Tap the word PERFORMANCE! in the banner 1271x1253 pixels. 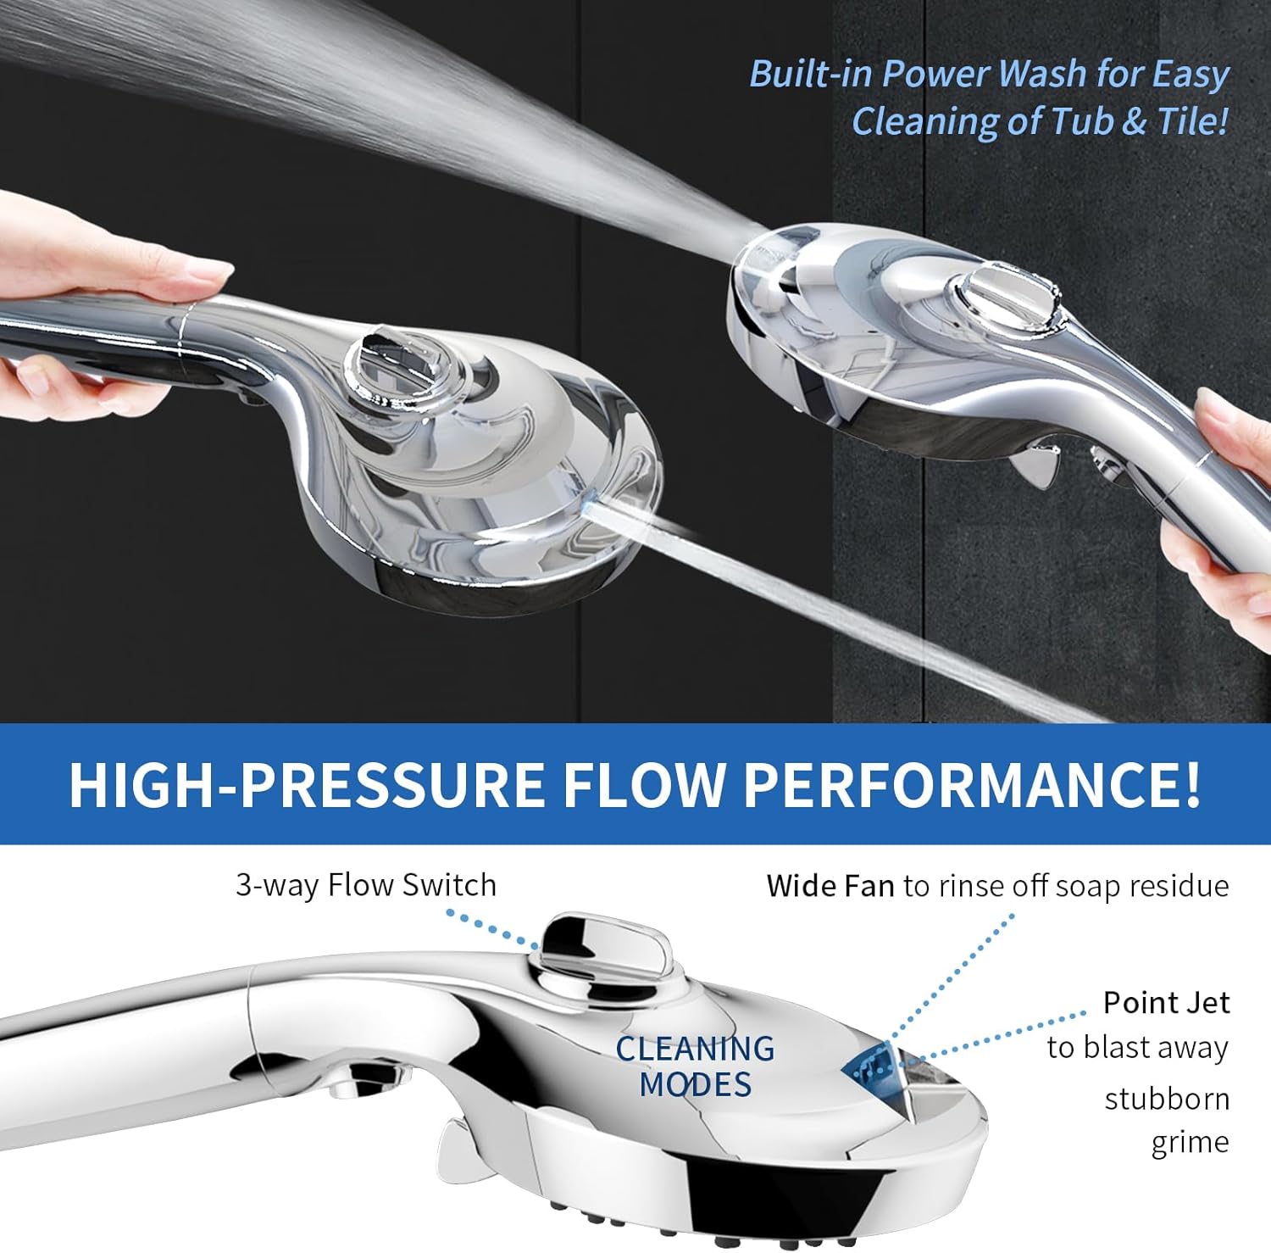coord(972,785)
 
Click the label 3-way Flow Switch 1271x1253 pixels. coord(366,885)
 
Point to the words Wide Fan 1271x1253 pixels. coord(830,886)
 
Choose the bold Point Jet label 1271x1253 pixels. coord(1166,1003)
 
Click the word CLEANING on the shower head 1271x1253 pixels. coord(695,1049)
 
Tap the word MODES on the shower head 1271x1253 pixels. coord(695,1084)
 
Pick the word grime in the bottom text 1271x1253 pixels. coord(1190,1142)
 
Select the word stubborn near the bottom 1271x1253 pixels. coord(1167,1099)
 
